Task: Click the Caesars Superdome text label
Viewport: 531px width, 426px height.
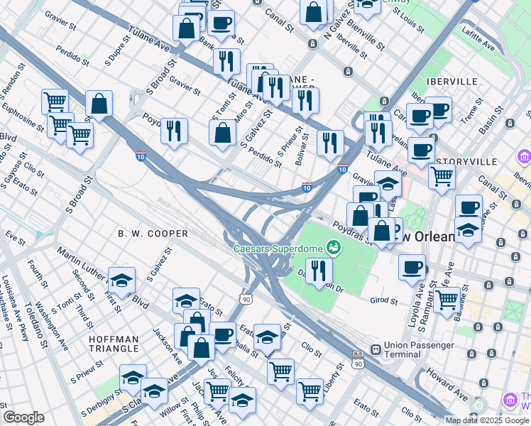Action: pos(278,248)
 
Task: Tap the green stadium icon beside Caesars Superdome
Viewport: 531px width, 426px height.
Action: pos(332,247)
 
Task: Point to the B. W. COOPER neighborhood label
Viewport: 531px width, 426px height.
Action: pos(153,234)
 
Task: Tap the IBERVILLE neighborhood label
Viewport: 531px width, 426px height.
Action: pos(452,82)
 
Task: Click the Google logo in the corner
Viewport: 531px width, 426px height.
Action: pos(23,417)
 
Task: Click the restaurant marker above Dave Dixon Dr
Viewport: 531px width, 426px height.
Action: pos(319,271)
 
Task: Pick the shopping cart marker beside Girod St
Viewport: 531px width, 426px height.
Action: pos(446,300)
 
